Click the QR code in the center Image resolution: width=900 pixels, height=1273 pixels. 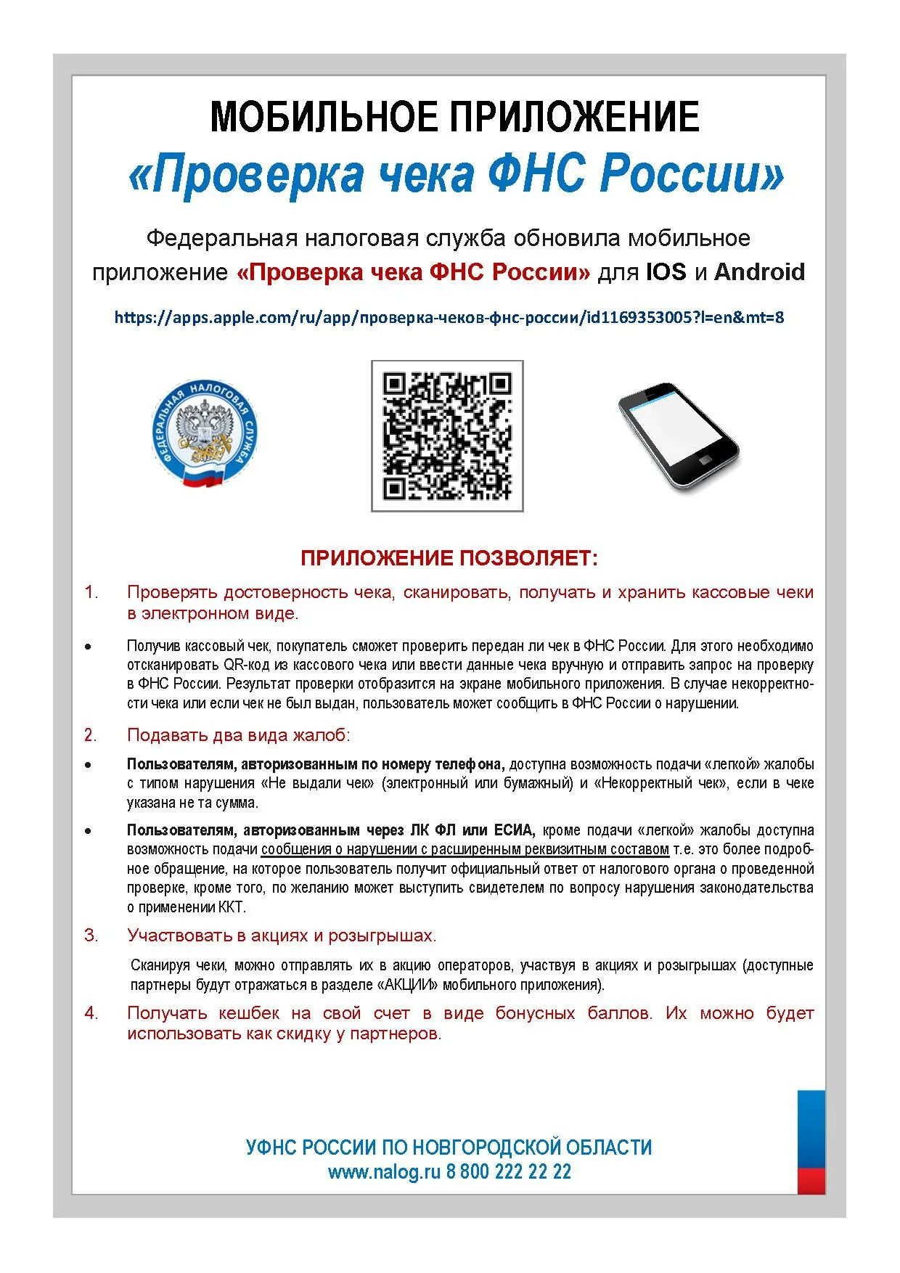point(447,435)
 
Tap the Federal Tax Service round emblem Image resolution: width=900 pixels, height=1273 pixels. point(205,433)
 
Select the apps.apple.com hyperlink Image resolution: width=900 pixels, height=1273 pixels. point(449,317)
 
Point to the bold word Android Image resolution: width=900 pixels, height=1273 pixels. point(759,272)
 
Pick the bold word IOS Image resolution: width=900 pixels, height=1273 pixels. point(666,272)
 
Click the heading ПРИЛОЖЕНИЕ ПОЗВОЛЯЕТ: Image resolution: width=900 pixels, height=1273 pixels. point(449,558)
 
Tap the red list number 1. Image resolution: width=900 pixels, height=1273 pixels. point(91,592)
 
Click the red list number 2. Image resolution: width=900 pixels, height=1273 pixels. point(90,735)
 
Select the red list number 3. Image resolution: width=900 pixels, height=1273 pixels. point(91,936)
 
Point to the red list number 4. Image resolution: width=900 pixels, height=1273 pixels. point(91,1013)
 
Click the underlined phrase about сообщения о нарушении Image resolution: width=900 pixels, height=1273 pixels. point(465,850)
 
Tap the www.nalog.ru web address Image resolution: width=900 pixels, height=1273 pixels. point(384,1171)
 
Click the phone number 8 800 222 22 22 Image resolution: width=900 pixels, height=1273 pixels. point(509,1171)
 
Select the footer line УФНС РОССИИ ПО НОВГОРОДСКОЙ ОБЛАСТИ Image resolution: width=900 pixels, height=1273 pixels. point(449,1147)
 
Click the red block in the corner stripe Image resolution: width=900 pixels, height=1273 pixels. point(811,1181)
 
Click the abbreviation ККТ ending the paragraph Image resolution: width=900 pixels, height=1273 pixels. point(232,907)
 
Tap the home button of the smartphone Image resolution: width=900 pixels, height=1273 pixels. point(705,460)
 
